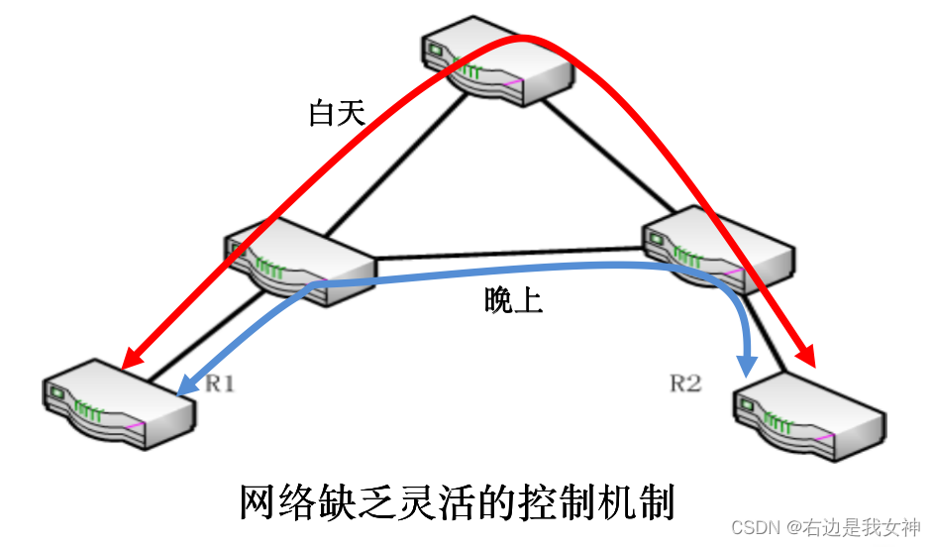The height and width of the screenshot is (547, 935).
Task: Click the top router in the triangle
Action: click(x=495, y=64)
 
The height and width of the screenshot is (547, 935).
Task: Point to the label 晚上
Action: click(x=513, y=300)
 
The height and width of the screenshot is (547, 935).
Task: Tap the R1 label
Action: click(x=219, y=383)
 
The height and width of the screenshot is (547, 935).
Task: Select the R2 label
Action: click(x=684, y=383)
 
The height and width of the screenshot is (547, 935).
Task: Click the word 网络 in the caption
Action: click(x=271, y=502)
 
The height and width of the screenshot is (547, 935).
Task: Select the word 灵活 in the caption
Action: click(x=428, y=502)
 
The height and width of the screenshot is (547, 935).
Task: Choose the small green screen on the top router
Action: click(x=435, y=46)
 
